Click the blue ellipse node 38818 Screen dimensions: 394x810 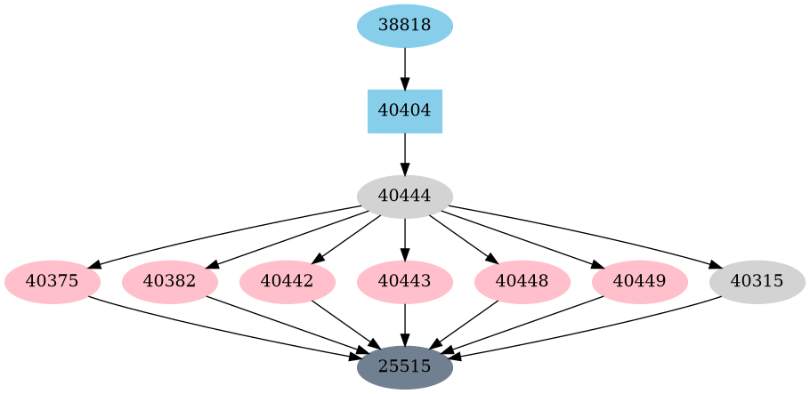405,26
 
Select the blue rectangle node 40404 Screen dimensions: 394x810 405,111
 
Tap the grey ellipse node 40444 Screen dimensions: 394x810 405,197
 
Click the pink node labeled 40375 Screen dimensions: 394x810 53,282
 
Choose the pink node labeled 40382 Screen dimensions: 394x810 170,282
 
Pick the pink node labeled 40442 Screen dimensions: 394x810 288,282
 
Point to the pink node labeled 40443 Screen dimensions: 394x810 405,282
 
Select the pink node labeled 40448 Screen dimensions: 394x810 522,282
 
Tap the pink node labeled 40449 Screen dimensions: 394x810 640,282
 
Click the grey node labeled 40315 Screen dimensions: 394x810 757,282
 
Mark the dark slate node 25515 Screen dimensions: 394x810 405,366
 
